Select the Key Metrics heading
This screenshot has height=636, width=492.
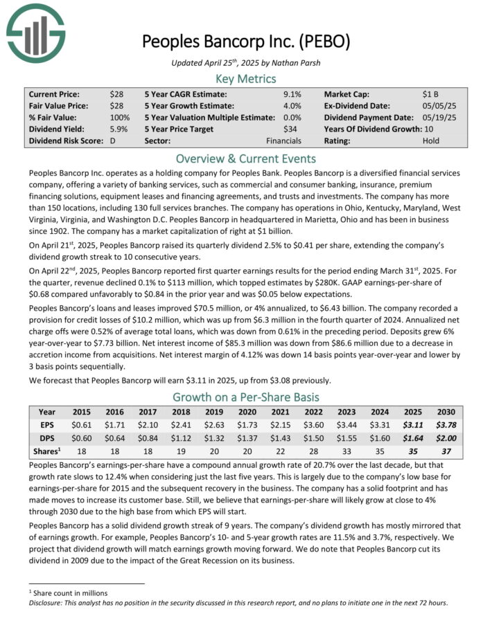246,78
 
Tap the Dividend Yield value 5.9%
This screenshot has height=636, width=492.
118,128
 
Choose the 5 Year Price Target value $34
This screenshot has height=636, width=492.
295,128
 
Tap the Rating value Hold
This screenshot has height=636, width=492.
431,140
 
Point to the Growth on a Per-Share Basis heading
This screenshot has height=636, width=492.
246,397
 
